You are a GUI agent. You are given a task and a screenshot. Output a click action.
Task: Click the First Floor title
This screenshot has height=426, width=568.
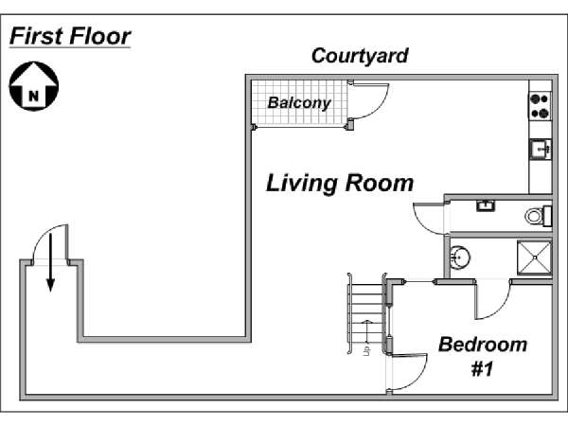pos(70,36)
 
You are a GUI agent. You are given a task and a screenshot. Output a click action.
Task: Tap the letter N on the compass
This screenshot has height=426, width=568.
pos(33,96)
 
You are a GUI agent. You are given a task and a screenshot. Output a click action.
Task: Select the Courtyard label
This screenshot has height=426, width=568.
pos(360,56)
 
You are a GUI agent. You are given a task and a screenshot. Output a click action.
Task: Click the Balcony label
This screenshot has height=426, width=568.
pos(299,103)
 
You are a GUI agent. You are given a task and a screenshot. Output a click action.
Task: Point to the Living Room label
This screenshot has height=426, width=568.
pos(340,184)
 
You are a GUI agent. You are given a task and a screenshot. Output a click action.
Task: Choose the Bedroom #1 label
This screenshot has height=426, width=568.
pos(483,357)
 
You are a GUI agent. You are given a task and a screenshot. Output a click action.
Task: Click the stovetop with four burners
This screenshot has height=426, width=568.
pos(540,106)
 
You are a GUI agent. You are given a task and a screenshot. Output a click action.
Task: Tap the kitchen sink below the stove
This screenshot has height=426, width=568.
pos(541,150)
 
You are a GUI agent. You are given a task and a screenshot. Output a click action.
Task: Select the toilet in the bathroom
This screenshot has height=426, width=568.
pos(538,216)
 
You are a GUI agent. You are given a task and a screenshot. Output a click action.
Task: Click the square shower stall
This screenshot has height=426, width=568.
pos(534,257)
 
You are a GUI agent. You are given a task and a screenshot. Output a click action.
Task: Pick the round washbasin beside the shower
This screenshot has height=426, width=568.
pos(459,257)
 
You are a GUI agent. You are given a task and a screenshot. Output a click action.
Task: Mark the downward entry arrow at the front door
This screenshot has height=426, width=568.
pos(51,262)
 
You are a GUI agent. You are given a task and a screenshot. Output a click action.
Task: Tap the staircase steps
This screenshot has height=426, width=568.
pos(365,313)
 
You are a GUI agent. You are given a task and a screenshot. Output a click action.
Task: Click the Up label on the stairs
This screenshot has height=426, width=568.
pos(367,350)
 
